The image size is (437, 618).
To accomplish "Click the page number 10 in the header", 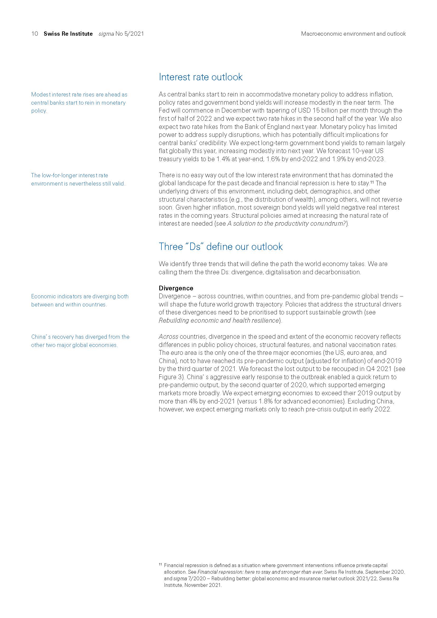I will coord(34,34).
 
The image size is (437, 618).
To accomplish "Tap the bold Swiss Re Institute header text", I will coord(68,34).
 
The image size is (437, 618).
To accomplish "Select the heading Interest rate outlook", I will coord(201,77).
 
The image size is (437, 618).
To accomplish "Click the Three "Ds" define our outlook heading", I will coord(221,247).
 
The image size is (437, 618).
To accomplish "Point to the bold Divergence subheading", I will coord(176,288).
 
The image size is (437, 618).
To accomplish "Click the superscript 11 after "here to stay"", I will coord(372,183).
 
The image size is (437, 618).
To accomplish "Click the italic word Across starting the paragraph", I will coord(169,337).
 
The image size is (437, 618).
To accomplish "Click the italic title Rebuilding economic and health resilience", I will coord(218,320).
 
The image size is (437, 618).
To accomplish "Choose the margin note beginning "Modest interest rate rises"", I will coord(79,103).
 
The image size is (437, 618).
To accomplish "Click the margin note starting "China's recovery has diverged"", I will coord(80,341).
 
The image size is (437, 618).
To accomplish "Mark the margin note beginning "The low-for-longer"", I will coord(78,179).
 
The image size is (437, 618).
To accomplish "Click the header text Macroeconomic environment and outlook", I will coord(353,34).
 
